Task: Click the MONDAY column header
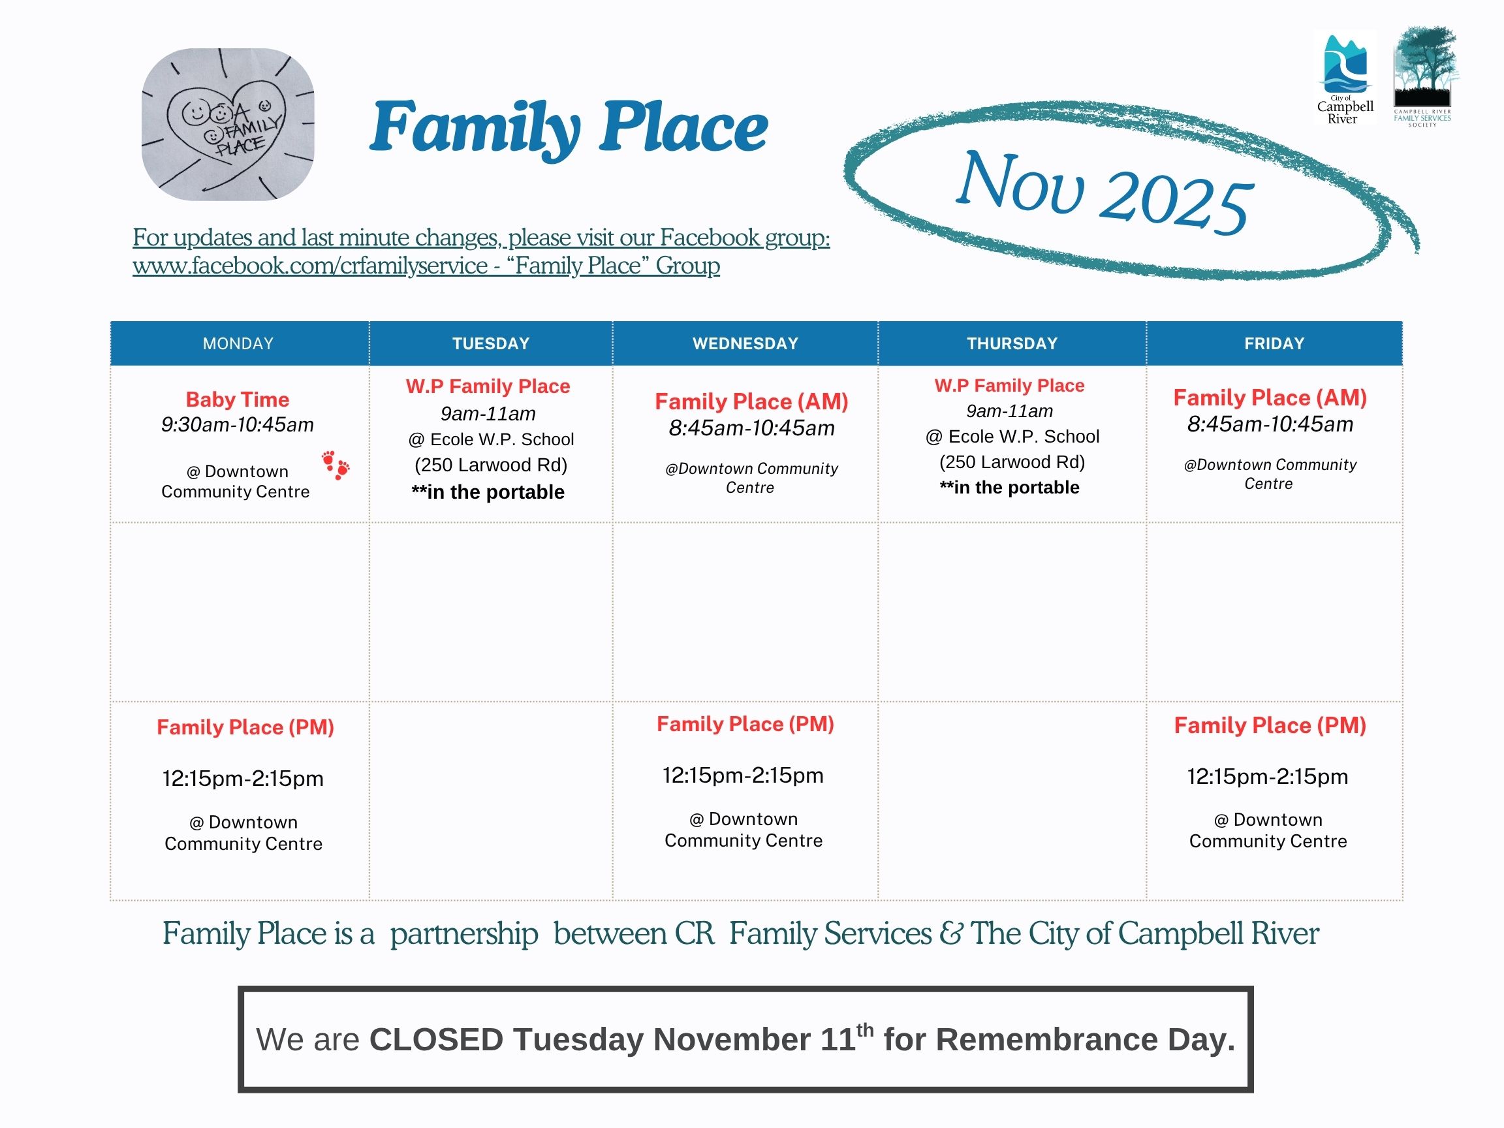[x=238, y=343]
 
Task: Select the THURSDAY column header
[x=1012, y=343]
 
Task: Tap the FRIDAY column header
[x=1274, y=343]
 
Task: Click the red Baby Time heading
[x=238, y=399]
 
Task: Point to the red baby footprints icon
[x=336, y=465]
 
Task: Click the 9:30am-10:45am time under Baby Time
[x=238, y=425]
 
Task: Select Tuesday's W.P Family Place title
[x=488, y=386]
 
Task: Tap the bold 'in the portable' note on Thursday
[x=1009, y=488]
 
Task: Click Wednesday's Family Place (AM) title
[x=751, y=401]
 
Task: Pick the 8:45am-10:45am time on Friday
[x=1270, y=424]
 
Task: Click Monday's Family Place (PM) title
[x=245, y=728]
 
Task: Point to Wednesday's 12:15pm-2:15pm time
[x=743, y=775]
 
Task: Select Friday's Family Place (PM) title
[x=1270, y=725]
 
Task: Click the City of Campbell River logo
[x=1345, y=78]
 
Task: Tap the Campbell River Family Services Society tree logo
[x=1422, y=76]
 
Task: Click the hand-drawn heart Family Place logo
[x=228, y=125]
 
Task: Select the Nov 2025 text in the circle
[x=1104, y=191]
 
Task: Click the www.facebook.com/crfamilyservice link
[x=309, y=265]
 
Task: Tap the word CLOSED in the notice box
[x=436, y=1040]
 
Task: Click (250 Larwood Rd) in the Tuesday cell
[x=491, y=465]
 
